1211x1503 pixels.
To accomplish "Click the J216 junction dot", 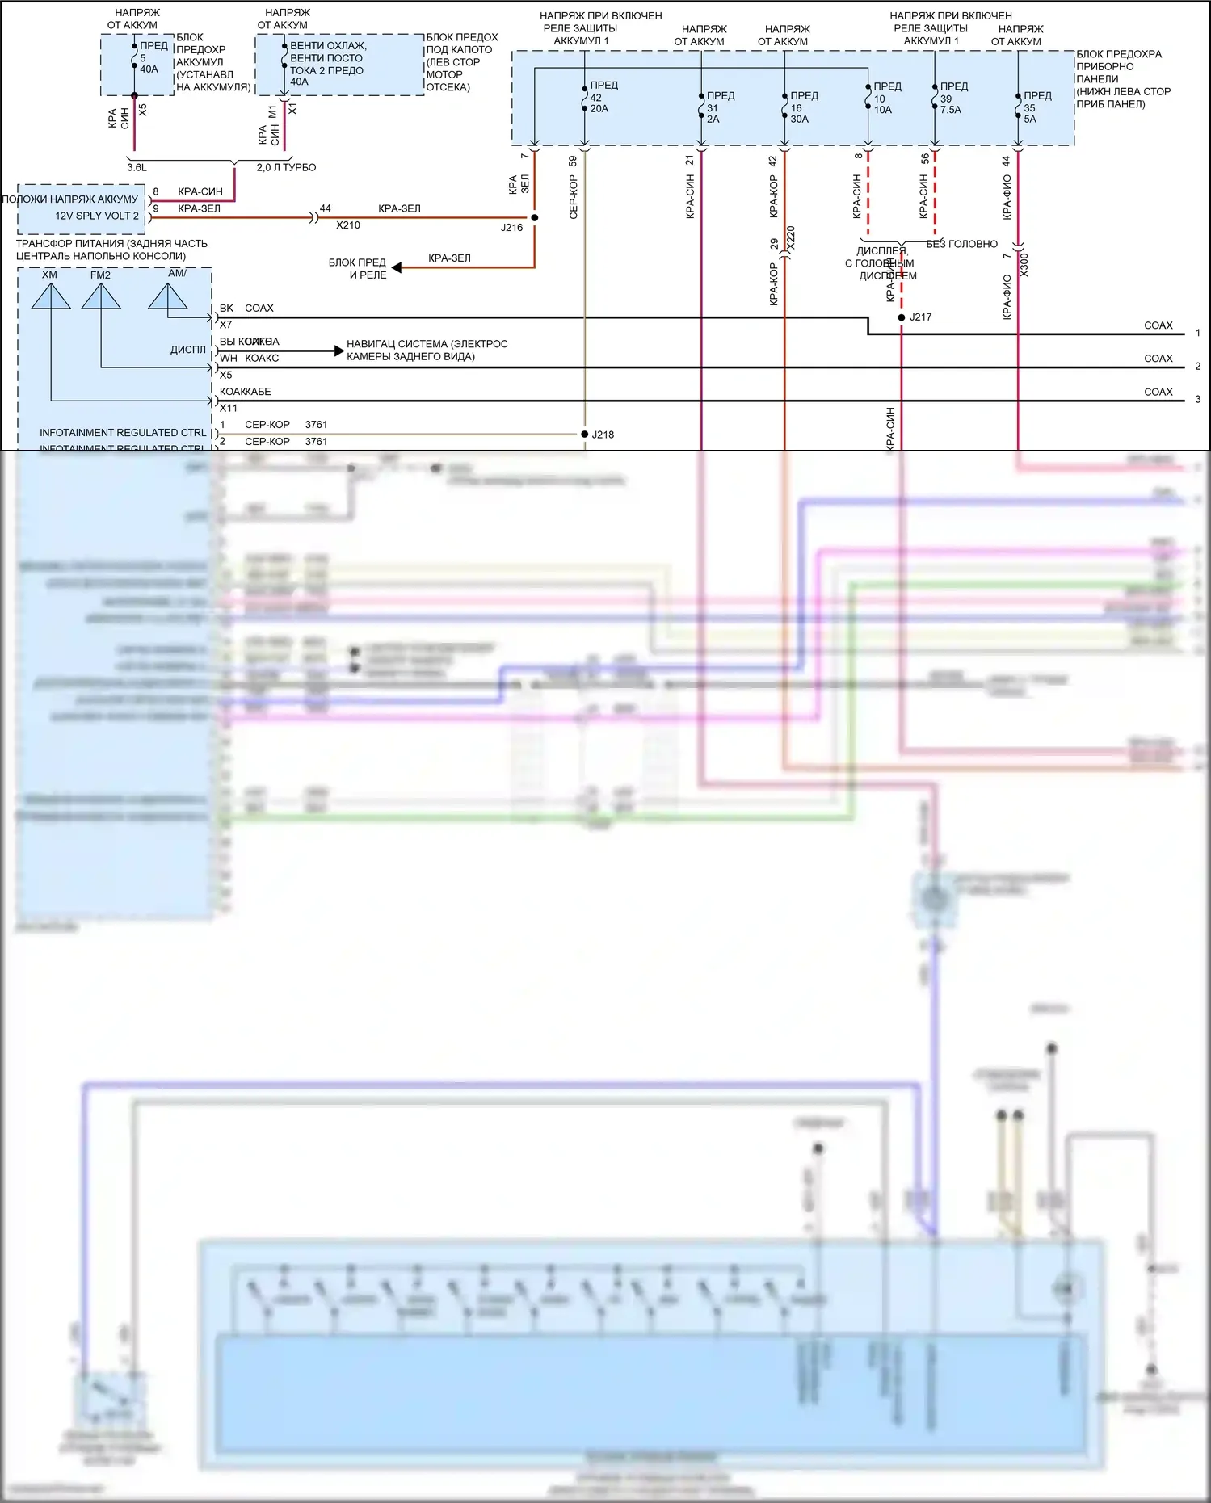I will (x=535, y=218).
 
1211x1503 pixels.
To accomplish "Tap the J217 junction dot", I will (x=902, y=317).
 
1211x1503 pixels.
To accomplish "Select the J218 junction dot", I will (x=585, y=435).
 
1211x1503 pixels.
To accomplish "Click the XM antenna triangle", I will (x=51, y=297).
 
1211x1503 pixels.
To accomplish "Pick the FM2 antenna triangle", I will (x=101, y=297).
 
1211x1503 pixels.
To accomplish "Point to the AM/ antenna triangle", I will (x=168, y=297).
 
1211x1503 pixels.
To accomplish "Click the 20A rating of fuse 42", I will (x=599, y=109).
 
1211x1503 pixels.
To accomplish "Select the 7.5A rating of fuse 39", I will (x=951, y=110).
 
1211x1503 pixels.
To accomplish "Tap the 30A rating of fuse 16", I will (x=800, y=120).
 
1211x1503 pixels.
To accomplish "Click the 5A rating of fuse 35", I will (x=1030, y=120).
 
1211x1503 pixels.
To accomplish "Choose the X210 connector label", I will (x=348, y=225).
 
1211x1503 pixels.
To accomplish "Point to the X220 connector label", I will (x=791, y=237).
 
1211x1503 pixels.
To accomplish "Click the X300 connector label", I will (x=1024, y=265).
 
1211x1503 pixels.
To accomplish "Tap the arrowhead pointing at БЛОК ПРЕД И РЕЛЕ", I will (x=397, y=267).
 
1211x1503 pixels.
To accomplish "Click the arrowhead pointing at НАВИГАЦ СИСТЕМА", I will (x=338, y=351).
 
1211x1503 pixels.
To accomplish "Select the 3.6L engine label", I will (x=137, y=168).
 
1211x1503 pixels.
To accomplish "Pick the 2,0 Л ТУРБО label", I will (x=286, y=168).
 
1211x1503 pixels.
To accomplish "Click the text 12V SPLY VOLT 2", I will (x=97, y=216).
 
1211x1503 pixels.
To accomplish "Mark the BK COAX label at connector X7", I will (x=246, y=309).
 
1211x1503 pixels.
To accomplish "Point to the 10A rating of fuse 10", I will (x=883, y=110).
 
